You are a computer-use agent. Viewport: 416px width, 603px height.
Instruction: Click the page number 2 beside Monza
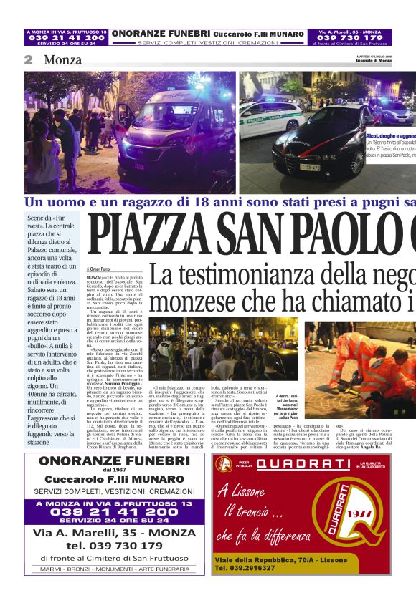click(x=28, y=60)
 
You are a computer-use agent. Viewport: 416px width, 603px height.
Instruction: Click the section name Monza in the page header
click(x=62, y=60)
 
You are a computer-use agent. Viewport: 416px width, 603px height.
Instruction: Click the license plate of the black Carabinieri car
click(x=310, y=168)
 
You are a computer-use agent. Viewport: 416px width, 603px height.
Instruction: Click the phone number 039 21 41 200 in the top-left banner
click(x=66, y=38)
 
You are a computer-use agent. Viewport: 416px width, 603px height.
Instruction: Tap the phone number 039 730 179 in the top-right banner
click(x=350, y=38)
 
